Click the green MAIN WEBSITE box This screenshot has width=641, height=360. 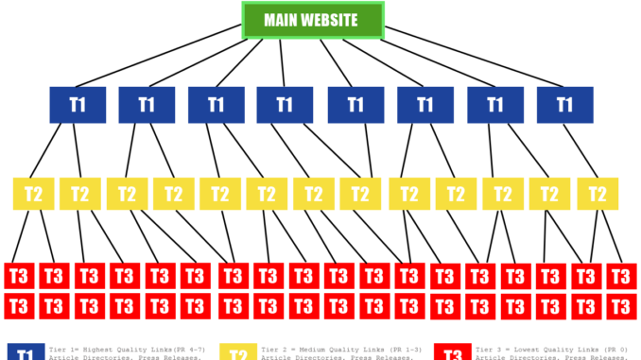tap(313, 21)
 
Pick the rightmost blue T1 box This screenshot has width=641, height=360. tap(564, 104)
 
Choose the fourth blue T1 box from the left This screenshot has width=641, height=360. tap(286, 104)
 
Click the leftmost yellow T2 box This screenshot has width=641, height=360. tap(33, 194)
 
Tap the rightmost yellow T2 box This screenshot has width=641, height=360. tap(597, 194)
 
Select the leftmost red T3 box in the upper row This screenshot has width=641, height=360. tap(19, 276)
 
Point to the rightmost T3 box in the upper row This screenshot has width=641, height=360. tap(619, 276)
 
